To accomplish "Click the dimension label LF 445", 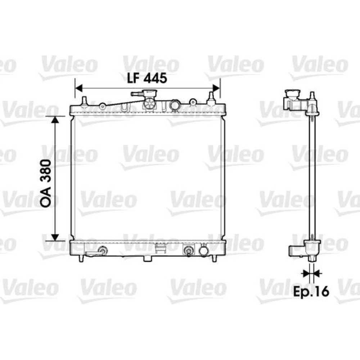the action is coord(147,78).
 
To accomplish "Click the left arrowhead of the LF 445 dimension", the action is coord(79,88).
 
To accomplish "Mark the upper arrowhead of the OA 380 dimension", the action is coord(55,120).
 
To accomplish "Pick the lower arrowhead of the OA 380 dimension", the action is coord(55,237).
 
